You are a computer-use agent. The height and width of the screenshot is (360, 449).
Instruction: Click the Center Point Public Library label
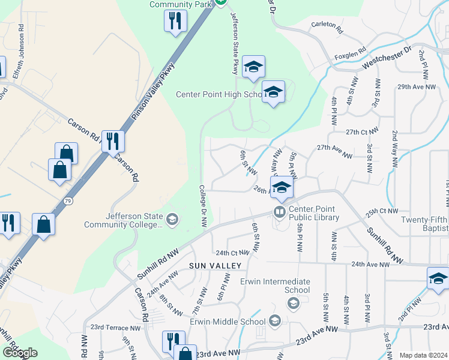(x=313, y=213)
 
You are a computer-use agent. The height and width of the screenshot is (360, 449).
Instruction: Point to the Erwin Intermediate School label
(x=275, y=286)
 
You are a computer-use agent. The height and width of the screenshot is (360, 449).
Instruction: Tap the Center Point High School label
(x=219, y=94)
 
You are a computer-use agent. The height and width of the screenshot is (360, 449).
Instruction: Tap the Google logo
(x=20, y=353)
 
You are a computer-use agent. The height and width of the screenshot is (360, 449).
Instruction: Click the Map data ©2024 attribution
(x=423, y=355)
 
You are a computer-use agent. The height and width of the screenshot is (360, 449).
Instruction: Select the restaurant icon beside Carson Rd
(x=112, y=140)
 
